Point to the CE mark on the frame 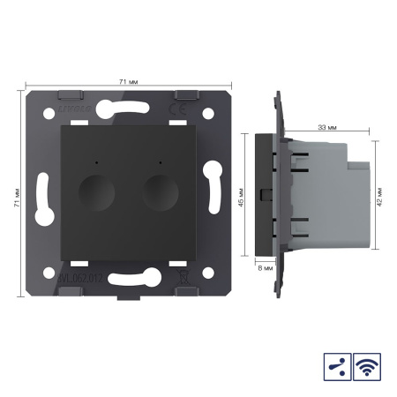click(176, 109)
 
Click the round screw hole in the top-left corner click(42, 117)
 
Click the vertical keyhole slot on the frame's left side click(41, 198)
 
